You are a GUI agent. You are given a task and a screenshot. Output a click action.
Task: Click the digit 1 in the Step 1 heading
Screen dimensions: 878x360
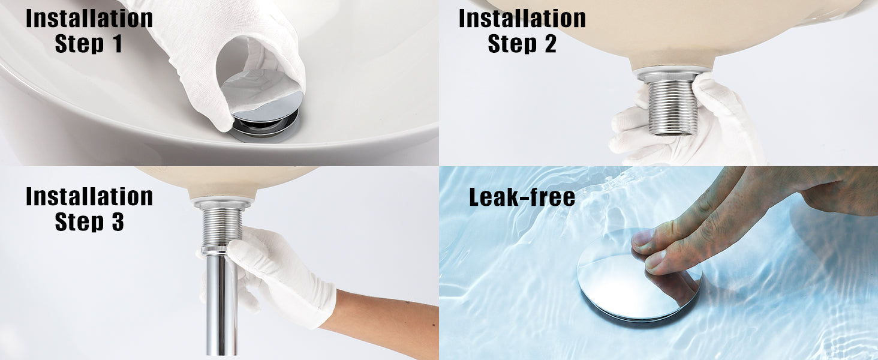(117, 43)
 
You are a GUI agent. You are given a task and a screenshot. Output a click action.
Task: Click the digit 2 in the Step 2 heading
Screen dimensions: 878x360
(550, 43)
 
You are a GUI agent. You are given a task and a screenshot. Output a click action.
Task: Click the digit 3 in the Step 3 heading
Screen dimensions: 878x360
(118, 221)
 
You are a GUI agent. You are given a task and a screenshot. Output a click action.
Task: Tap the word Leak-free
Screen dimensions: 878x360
(522, 197)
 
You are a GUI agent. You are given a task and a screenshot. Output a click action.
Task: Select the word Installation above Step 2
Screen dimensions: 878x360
(522, 18)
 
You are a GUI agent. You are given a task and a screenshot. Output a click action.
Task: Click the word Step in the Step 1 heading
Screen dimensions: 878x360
(79, 44)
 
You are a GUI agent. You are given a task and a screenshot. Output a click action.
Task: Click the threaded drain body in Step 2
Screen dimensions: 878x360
(672, 105)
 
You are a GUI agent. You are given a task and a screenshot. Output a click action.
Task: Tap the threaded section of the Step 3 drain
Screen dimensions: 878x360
(221, 226)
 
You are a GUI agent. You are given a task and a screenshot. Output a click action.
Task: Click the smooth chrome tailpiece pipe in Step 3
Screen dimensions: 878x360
(221, 304)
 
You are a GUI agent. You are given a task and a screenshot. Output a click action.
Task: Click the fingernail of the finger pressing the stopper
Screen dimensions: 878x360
(654, 260)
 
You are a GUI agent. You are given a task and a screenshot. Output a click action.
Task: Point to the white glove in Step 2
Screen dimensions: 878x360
(690, 125)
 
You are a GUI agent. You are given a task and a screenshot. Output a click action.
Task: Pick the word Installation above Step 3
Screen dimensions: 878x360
(89, 196)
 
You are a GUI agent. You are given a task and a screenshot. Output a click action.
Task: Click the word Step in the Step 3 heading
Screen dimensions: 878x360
(79, 222)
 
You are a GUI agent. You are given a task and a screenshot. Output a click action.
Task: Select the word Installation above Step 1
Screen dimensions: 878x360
(89, 18)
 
